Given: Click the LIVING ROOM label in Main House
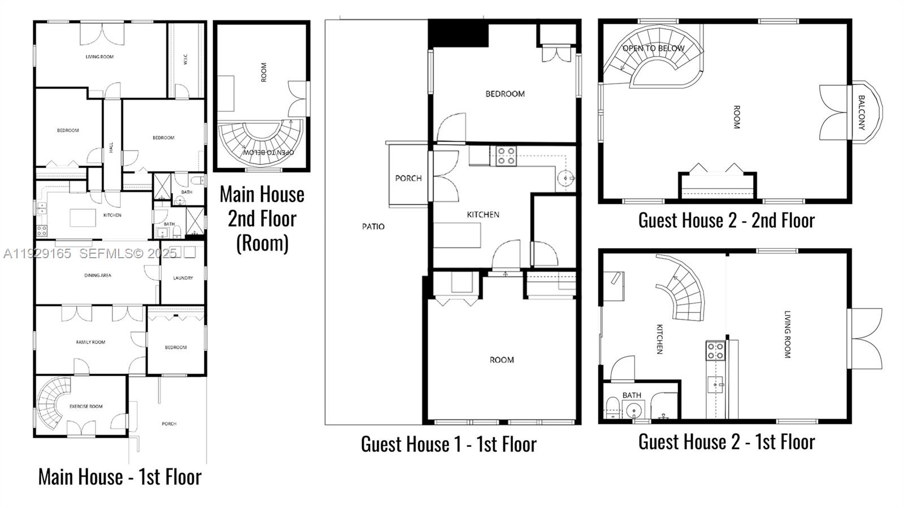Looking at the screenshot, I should coord(99,57).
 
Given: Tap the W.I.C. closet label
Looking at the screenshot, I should coord(186,59).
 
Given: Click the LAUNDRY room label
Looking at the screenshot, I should coord(183,278).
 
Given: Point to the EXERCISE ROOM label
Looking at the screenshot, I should coord(86,406).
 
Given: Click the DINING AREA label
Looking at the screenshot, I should coord(98,275).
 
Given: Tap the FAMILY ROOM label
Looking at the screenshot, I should coord(90,342).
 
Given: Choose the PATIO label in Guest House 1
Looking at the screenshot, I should coord(373,227).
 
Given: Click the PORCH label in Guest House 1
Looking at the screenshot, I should coord(408,178).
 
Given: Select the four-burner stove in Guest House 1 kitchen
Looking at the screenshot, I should coord(506,156).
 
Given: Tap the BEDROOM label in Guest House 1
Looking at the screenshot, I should coord(505,94).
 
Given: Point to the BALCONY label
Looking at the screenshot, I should coord(862,112).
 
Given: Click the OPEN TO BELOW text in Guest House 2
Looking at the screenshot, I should coord(653,49).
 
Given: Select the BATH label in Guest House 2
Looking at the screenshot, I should coord(632,395).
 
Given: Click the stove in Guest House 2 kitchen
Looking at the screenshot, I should coord(715,350).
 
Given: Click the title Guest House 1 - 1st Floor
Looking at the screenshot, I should coord(449,444).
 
